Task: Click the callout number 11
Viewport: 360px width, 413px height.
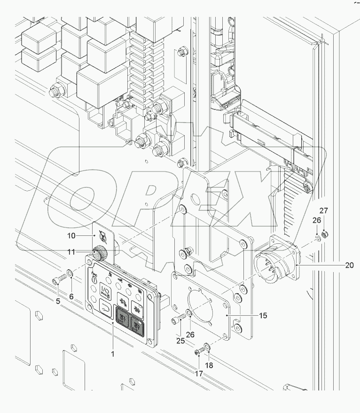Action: coord(71,252)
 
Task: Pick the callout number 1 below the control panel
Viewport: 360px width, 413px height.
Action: coord(113,354)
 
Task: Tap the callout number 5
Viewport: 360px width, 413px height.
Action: coord(58,300)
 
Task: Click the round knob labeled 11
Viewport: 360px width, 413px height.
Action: coord(99,254)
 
